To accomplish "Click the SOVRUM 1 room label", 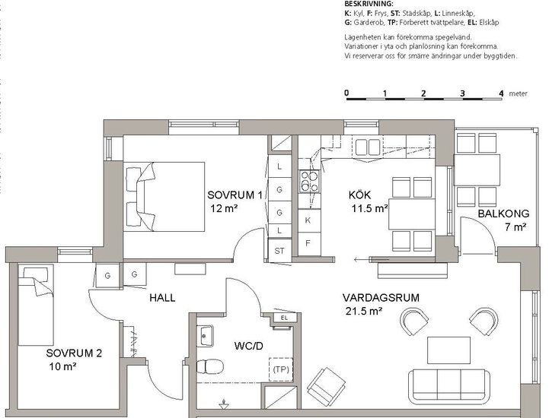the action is (x=235, y=195).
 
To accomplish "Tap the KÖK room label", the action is (x=359, y=195).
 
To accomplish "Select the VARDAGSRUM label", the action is (x=381, y=298).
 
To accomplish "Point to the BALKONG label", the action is (x=503, y=214).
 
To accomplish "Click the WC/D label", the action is (x=248, y=346).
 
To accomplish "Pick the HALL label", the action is (x=162, y=298).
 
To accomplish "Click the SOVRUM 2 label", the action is (x=74, y=353).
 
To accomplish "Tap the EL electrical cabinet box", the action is (x=284, y=318).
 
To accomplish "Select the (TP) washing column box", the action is (x=281, y=369).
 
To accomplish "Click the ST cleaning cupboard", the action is (x=279, y=250).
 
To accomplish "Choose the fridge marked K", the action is (x=308, y=220).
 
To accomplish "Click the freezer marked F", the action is (x=308, y=244).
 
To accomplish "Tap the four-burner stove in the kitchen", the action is (x=309, y=181).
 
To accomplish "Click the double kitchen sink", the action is (x=368, y=147).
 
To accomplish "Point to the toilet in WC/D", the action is (x=209, y=366).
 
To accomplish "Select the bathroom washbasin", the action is (x=205, y=335).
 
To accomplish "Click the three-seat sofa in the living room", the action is (x=452, y=385).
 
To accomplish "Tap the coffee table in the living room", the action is (x=448, y=350).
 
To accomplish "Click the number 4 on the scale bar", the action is (x=501, y=93).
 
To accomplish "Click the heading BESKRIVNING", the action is (x=364, y=5).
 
